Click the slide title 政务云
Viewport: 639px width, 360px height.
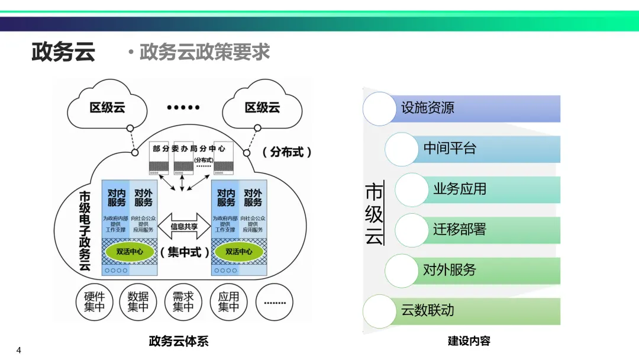(x=63, y=52)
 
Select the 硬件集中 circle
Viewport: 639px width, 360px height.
(x=94, y=302)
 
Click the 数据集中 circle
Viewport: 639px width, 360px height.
(x=138, y=302)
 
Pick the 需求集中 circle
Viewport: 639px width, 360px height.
(x=183, y=302)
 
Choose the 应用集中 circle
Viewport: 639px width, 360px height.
(x=228, y=302)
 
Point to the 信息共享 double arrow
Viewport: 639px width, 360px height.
(x=184, y=226)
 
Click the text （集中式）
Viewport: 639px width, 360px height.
(x=184, y=252)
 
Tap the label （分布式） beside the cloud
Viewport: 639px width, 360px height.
(x=286, y=152)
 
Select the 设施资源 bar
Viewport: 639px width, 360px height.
(x=461, y=108)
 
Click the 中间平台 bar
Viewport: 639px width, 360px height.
(x=473, y=149)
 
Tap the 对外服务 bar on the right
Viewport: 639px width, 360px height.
(x=473, y=270)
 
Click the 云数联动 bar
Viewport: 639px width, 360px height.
(x=461, y=310)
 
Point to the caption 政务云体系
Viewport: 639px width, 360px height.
(x=179, y=342)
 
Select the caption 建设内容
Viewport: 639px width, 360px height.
(x=469, y=341)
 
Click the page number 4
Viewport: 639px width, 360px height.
(x=19, y=349)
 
